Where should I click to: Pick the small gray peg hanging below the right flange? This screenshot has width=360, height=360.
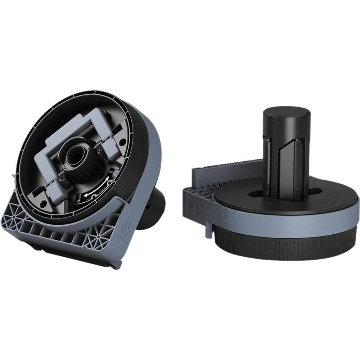tap(208, 230)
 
